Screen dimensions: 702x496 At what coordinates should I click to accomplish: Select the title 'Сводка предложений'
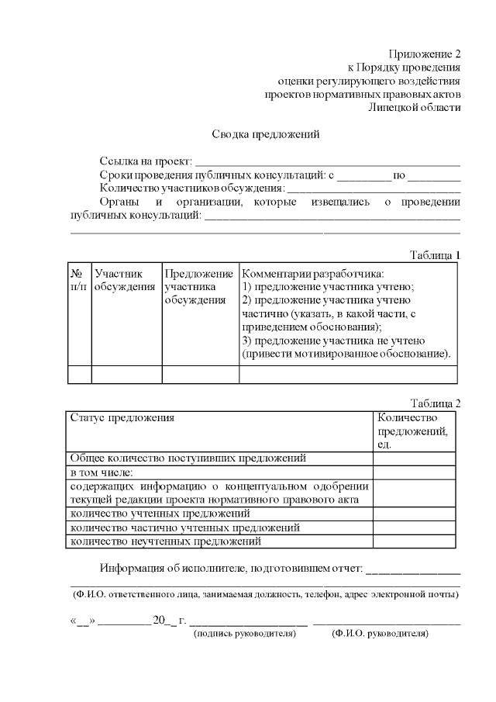(266, 133)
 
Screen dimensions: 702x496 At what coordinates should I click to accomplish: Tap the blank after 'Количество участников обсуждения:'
(374, 188)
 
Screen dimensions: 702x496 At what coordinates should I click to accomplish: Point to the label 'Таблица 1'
(435, 254)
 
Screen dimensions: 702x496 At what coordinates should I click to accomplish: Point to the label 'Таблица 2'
(435, 403)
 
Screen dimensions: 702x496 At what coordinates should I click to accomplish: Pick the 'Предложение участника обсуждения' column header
(199, 287)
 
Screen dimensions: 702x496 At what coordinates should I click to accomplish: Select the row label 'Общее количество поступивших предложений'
(188, 458)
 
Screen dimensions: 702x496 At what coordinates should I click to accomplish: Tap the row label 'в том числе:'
(102, 472)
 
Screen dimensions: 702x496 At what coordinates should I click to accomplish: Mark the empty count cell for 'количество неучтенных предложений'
(415, 541)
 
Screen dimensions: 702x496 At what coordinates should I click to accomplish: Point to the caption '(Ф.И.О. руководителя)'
(381, 633)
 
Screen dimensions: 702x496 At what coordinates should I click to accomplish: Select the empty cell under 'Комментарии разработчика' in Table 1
(348, 374)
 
